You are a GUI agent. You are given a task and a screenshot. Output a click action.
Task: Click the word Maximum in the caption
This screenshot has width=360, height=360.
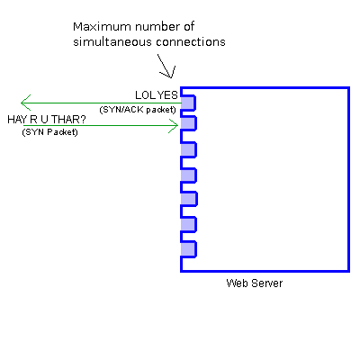[x=95, y=27]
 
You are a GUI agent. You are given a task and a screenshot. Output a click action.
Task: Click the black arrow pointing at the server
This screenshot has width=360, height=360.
[x=166, y=67]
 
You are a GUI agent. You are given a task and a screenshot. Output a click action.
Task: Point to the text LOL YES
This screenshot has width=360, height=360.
[x=157, y=95]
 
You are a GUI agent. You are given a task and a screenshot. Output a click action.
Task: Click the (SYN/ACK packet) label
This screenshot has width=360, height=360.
[x=138, y=110]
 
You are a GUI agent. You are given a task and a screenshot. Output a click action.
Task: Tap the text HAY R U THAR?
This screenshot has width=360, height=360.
[x=47, y=120]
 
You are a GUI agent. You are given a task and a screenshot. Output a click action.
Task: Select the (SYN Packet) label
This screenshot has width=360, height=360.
[x=49, y=132]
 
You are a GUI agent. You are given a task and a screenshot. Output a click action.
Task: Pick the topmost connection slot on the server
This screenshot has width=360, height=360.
[x=188, y=103]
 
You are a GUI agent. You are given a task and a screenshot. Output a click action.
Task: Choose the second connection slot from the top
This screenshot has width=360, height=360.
[x=188, y=123]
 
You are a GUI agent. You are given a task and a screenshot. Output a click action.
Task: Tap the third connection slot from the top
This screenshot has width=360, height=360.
[x=188, y=149]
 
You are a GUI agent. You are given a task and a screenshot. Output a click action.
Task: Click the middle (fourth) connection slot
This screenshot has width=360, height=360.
[x=188, y=175]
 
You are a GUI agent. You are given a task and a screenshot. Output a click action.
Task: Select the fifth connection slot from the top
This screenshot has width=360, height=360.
[x=188, y=199]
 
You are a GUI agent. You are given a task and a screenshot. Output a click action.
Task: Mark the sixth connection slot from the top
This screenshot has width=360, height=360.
[x=188, y=224]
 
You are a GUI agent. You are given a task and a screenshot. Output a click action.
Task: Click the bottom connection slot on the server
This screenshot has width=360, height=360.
[x=188, y=249]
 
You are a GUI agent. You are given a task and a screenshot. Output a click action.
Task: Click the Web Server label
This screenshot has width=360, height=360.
[x=255, y=283]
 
